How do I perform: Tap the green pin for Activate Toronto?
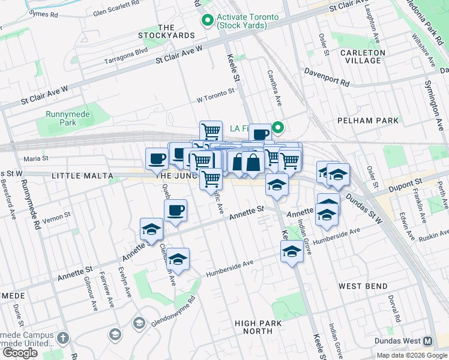click(x=208, y=21)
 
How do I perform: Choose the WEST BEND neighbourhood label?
click(x=363, y=286)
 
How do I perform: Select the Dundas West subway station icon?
click(x=428, y=341)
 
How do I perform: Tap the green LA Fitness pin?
click(x=278, y=127)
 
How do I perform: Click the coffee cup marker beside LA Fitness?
click(x=261, y=134)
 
